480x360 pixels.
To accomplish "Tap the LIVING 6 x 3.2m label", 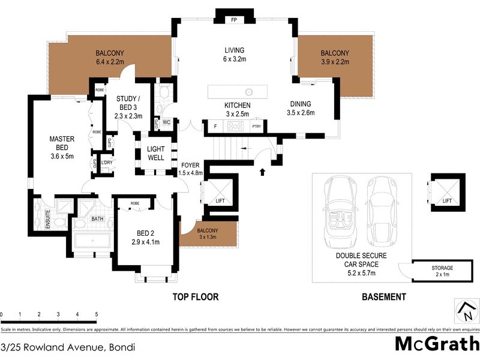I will (234, 55).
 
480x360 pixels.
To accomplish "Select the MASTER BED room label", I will (62, 143).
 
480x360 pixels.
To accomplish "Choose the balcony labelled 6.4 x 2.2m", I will (109, 56).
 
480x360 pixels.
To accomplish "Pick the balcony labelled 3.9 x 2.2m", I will (334, 56).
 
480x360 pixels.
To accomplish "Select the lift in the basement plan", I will (447, 192).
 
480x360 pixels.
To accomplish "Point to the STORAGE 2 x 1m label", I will (442, 271).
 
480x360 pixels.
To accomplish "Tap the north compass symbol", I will (466, 311).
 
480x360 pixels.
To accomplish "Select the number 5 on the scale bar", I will (96, 314).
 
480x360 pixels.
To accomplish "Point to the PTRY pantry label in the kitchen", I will (256, 126).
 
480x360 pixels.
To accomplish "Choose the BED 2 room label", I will (145, 237).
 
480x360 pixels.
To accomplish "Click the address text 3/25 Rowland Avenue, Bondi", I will (67, 347).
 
